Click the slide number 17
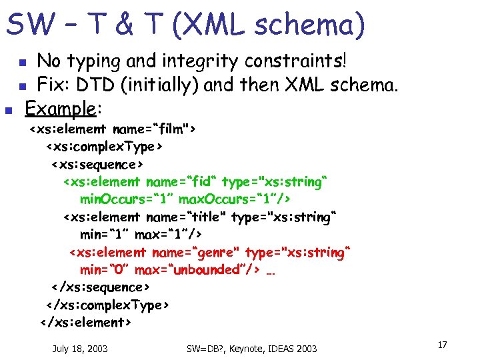442,345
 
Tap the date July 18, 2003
80,349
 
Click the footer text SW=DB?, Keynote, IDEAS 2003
252,349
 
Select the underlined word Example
61,107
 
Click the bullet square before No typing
22,63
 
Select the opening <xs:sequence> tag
98,164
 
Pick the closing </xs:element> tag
86,323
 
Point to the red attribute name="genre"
196,252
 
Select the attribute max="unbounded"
204,270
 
